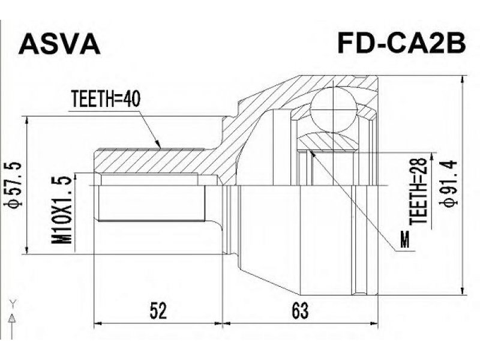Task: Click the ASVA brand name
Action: pyautogui.click(x=59, y=44)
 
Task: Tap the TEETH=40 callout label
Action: pyautogui.click(x=106, y=99)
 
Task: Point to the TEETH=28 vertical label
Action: pyautogui.click(x=418, y=190)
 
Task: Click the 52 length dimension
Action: pyautogui.click(x=158, y=311)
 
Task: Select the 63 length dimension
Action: pyautogui.click(x=300, y=311)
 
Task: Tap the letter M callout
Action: pyautogui.click(x=405, y=239)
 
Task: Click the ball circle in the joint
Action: pyautogui.click(x=333, y=110)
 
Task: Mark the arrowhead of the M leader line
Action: pyautogui.click(x=312, y=153)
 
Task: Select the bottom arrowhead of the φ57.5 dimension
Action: pyautogui.click(x=27, y=249)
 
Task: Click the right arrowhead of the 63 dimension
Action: pyautogui.click(x=373, y=323)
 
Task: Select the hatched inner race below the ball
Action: pyautogui.click(x=328, y=142)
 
